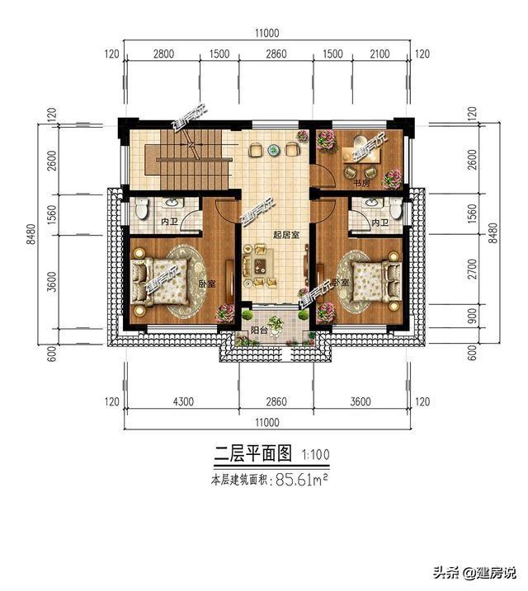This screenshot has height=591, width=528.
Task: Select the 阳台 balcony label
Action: coord(258,331)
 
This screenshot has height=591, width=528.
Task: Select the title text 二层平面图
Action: coord(254,453)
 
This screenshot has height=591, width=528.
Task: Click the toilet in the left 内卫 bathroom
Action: coord(141,211)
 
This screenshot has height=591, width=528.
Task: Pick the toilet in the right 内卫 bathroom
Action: coord(395,210)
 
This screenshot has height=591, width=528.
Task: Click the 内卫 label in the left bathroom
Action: coord(170,223)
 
